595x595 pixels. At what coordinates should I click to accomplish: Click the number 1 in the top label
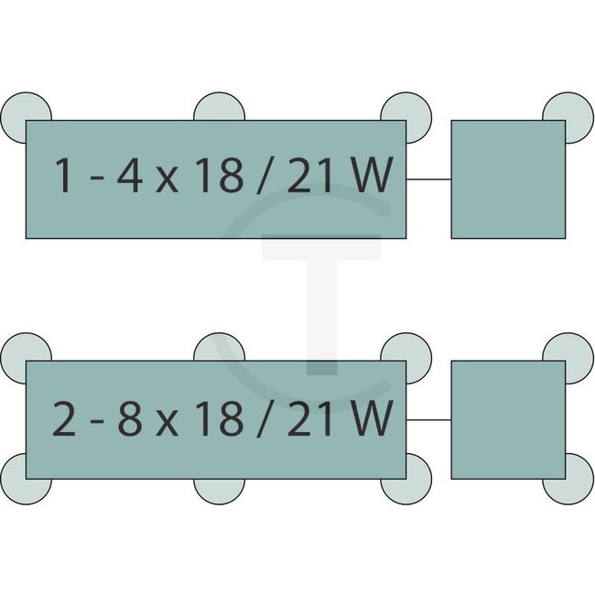63,176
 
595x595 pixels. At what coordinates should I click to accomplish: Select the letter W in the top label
373,176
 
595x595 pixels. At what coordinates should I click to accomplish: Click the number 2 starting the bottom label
64,418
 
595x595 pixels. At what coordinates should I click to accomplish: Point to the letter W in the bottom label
373,418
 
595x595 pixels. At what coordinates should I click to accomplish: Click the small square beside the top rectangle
508,179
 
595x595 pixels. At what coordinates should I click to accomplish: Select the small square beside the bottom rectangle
508,420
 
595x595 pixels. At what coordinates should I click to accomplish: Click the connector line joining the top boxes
428,179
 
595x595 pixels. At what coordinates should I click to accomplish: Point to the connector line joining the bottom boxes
428,420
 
